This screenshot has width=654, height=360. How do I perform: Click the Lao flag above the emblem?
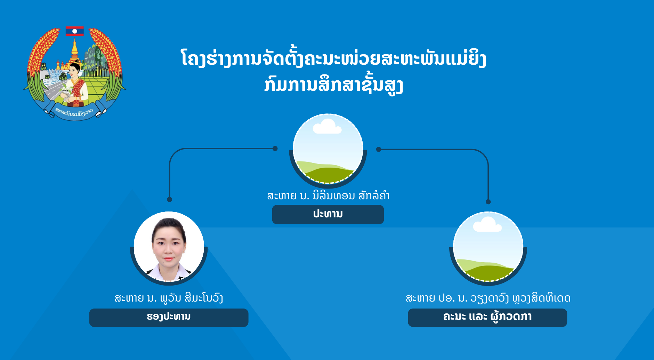coord(74,31)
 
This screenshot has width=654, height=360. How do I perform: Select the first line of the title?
coord(333,58)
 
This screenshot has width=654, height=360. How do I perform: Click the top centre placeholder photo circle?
coord(328,149)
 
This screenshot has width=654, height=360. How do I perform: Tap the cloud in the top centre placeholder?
coord(327,127)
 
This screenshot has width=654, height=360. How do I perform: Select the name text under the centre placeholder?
coord(328,195)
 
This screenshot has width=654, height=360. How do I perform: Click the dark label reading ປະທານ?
coord(328,214)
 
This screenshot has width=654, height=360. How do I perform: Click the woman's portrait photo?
coord(169,247)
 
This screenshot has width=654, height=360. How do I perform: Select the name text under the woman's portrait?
coord(169,298)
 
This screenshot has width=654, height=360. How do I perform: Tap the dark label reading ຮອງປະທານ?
coord(169,318)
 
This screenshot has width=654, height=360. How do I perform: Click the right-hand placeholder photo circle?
coord(488,247)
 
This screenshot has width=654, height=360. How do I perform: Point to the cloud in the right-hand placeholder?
coord(487,224)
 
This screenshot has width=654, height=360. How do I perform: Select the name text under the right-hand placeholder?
coord(488,298)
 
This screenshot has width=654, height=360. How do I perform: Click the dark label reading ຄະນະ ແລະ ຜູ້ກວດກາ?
coord(487,318)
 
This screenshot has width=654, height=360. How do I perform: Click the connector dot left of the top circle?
coord(275,149)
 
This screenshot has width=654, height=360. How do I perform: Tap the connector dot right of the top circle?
coord(379,150)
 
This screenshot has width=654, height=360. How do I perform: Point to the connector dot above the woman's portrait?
coord(169,199)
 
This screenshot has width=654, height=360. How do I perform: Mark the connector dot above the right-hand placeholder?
coord(488,202)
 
